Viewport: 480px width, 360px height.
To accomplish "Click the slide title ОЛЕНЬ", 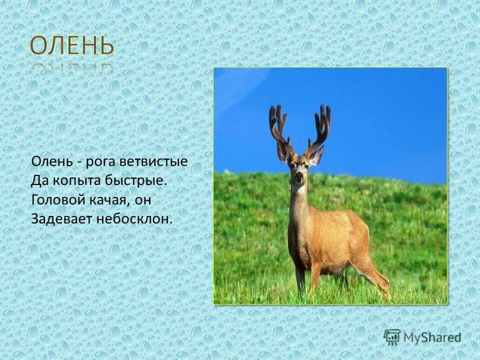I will [71, 46].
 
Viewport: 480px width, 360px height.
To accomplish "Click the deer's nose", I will [299, 176].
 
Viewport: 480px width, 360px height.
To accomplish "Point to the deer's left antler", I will [278, 125].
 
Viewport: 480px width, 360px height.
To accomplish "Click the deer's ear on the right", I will [316, 156].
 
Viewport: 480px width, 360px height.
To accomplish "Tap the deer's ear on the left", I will [282, 151].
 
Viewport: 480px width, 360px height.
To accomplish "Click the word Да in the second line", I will [38, 180].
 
